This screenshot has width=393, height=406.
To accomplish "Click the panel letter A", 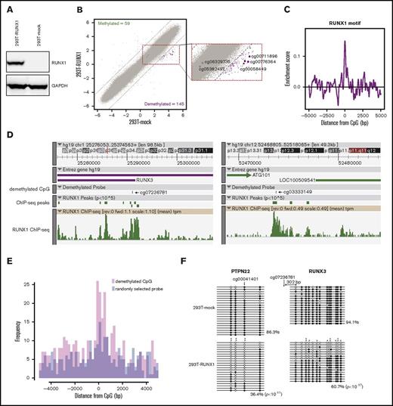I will pyautogui.click(x=5, y=7).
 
